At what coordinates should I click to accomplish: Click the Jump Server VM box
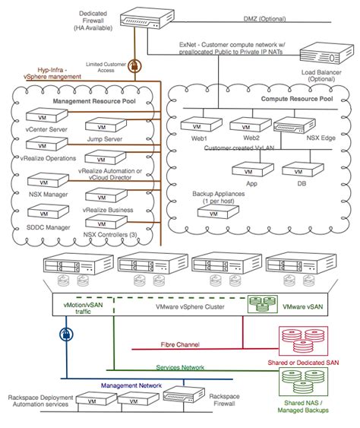105,118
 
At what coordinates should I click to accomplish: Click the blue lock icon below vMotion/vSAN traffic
65,334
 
